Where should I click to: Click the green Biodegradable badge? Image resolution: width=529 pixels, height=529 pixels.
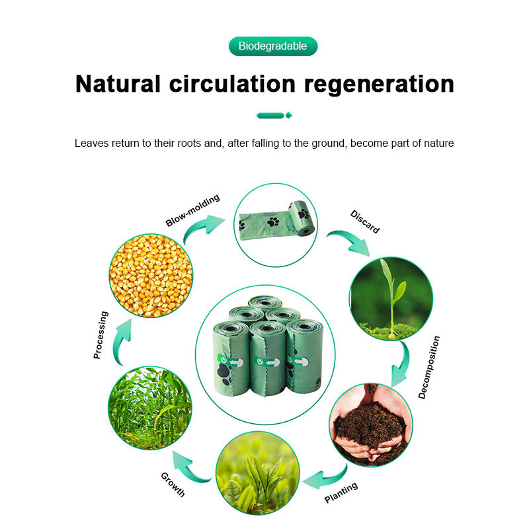tap(273, 46)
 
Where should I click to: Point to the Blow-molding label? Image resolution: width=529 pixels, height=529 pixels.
tap(192, 210)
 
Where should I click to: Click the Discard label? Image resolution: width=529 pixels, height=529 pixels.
tap(365, 222)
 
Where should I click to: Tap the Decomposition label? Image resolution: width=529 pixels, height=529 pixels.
tap(429, 367)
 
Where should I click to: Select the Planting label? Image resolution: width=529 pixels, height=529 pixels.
tap(341, 493)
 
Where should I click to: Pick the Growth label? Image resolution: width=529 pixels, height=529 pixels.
tap(173, 484)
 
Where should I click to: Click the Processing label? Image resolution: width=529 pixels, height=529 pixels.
tap(101, 335)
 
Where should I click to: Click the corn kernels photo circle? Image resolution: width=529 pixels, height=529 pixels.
tap(151, 274)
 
